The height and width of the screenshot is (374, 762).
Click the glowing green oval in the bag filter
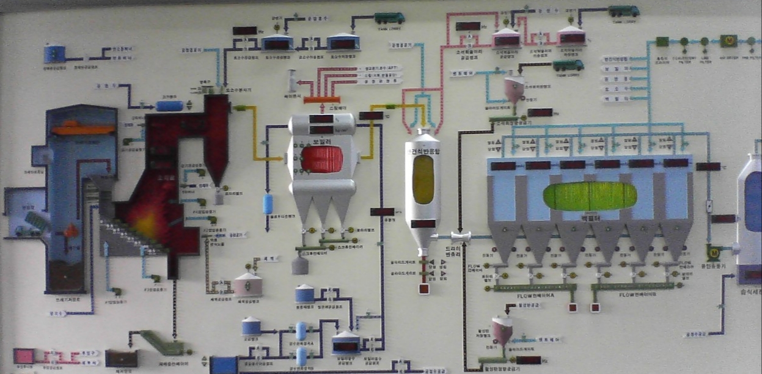click(590, 196)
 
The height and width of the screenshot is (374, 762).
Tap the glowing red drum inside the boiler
click(322, 159)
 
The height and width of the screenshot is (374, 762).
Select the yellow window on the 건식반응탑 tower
click(423, 179)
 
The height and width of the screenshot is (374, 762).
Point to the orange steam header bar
click(321, 100)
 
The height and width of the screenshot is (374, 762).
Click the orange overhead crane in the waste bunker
click(82, 129)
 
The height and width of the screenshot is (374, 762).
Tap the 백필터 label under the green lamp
click(590, 217)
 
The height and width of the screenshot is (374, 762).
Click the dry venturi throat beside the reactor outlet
click(460, 236)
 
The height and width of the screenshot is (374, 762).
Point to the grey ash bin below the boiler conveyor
click(299, 265)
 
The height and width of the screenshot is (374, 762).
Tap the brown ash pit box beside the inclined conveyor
click(120, 358)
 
